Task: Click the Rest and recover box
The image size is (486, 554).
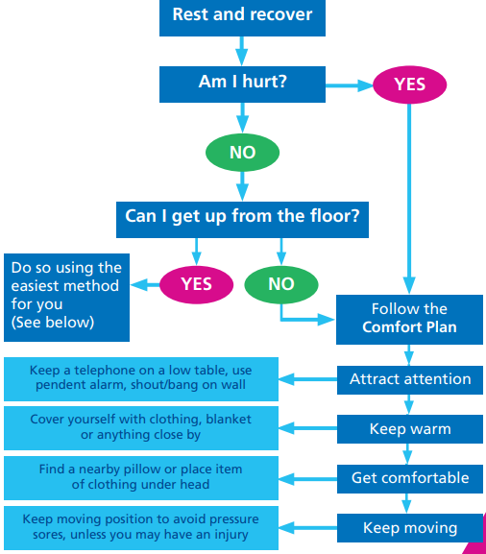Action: tap(242, 16)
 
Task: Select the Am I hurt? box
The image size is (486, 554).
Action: tap(242, 83)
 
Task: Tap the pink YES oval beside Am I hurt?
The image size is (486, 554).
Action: tap(409, 84)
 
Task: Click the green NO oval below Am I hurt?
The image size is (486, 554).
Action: tap(242, 152)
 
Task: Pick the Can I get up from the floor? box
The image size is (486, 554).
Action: tap(242, 217)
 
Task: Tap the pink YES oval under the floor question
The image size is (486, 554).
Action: tap(196, 284)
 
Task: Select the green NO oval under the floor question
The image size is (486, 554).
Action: tap(280, 284)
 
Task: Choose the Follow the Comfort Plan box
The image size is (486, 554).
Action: tap(409, 318)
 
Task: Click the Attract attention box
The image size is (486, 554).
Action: tap(409, 379)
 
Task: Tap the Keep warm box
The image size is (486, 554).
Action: tap(409, 429)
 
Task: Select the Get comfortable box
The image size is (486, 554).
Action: tap(409, 478)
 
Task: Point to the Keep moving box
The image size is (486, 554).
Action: tap(409, 528)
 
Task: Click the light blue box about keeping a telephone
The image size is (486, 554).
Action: tap(141, 378)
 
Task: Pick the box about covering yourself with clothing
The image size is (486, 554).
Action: tap(141, 428)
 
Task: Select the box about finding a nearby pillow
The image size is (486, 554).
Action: tap(141, 477)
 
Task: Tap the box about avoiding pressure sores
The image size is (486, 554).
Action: tap(141, 527)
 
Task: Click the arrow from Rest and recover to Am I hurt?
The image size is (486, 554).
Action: tap(242, 49)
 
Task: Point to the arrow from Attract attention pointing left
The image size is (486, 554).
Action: tap(307, 379)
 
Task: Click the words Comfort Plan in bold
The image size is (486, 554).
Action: tap(409, 327)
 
